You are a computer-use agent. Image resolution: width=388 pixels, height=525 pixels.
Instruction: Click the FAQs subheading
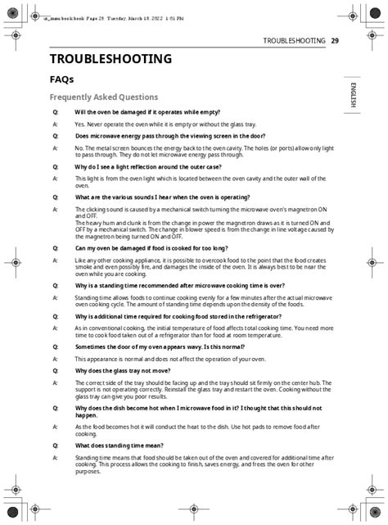pyautogui.click(x=62, y=79)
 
